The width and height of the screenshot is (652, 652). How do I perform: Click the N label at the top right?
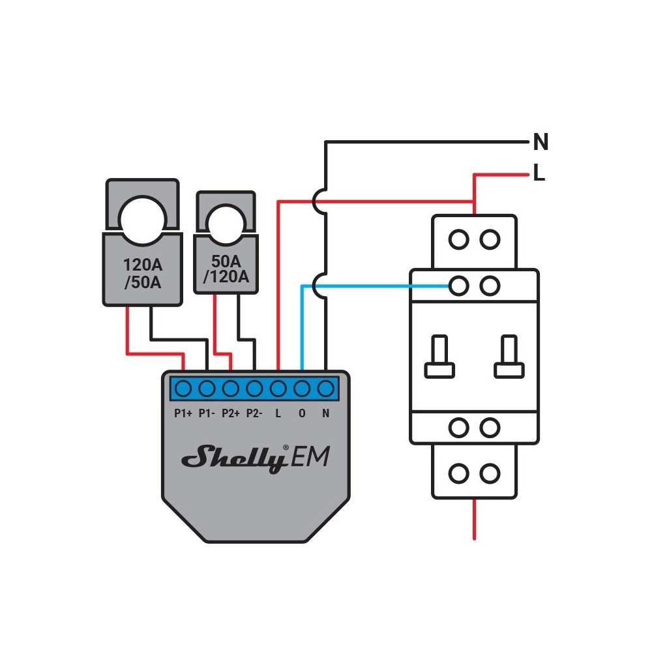[541, 141]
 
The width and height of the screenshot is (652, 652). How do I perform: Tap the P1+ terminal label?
[183, 413]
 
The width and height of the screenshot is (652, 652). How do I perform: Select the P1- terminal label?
[207, 413]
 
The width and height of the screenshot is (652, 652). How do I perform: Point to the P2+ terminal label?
[231, 413]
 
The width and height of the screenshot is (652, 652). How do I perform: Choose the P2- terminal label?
[254, 413]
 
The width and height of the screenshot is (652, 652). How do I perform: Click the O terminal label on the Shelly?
[301, 413]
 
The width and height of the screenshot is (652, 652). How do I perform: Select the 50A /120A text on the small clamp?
[226, 269]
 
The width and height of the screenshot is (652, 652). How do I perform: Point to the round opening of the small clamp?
[225, 222]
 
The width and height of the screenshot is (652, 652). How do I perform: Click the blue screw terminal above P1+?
[183, 389]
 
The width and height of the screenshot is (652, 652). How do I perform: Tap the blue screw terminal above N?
[325, 389]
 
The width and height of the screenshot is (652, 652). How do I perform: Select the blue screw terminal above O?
[301, 389]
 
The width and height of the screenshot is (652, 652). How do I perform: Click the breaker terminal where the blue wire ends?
[460, 285]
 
